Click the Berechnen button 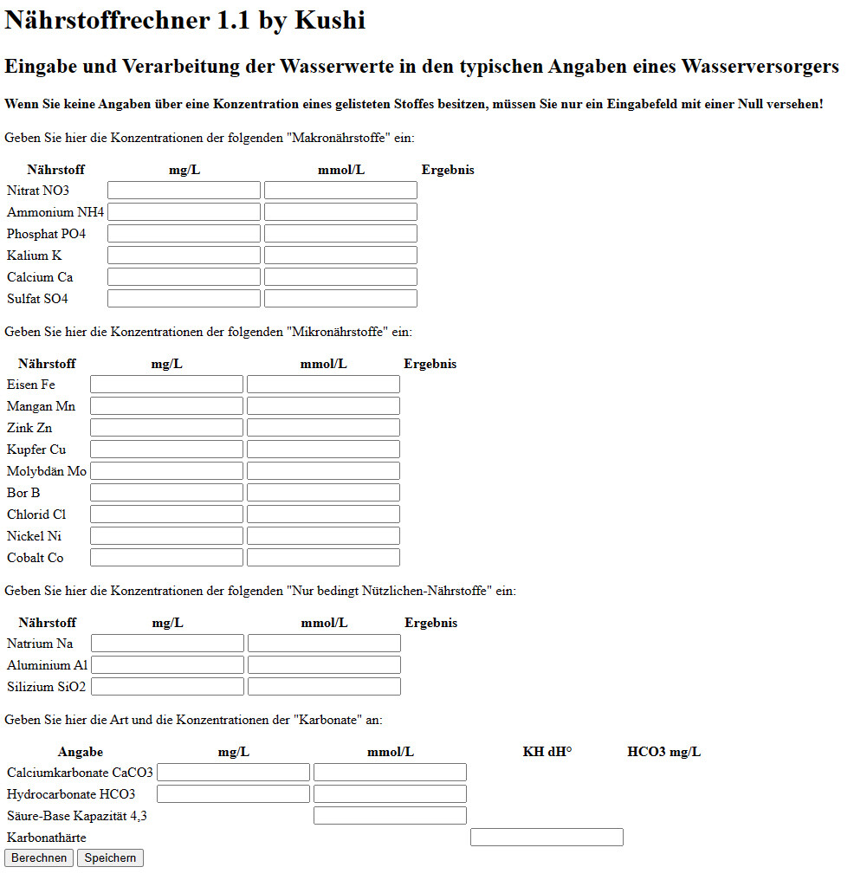[x=39, y=858]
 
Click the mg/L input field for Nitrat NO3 [x=184, y=191]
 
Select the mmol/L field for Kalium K [x=340, y=256]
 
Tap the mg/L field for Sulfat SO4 [x=184, y=299]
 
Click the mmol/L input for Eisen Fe [x=323, y=385]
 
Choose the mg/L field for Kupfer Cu [x=166, y=450]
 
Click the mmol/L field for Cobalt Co [x=323, y=558]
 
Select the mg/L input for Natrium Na [x=167, y=644]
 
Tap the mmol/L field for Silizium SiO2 [x=324, y=687]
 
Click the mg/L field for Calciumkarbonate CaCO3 [x=233, y=773]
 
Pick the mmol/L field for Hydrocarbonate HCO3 [x=390, y=794]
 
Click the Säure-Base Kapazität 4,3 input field [x=390, y=816]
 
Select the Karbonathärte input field [x=547, y=838]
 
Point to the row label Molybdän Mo [x=47, y=471]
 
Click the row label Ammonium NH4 [x=55, y=212]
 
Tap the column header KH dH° [x=547, y=752]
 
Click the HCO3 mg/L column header [x=664, y=752]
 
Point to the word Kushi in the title [x=330, y=20]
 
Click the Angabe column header [x=81, y=752]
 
